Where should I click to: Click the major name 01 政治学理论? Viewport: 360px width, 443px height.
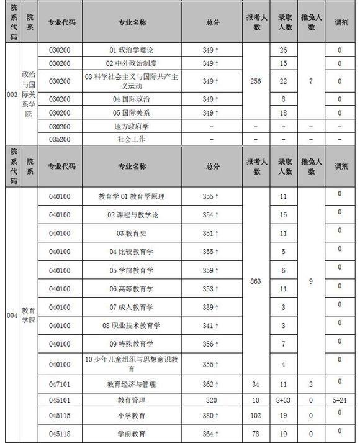click(x=132, y=50)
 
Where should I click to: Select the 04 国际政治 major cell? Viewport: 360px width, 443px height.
click(x=132, y=99)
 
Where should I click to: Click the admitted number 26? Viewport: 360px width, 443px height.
click(x=283, y=50)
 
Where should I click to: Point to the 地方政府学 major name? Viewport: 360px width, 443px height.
click(x=132, y=126)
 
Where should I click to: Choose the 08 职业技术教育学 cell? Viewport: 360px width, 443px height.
click(x=132, y=326)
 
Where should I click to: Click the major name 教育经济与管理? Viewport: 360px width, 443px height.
click(x=132, y=385)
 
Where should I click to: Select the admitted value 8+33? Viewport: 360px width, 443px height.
click(x=283, y=401)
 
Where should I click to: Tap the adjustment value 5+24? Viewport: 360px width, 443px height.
click(x=338, y=401)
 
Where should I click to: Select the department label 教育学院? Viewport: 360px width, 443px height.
click(x=29, y=314)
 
